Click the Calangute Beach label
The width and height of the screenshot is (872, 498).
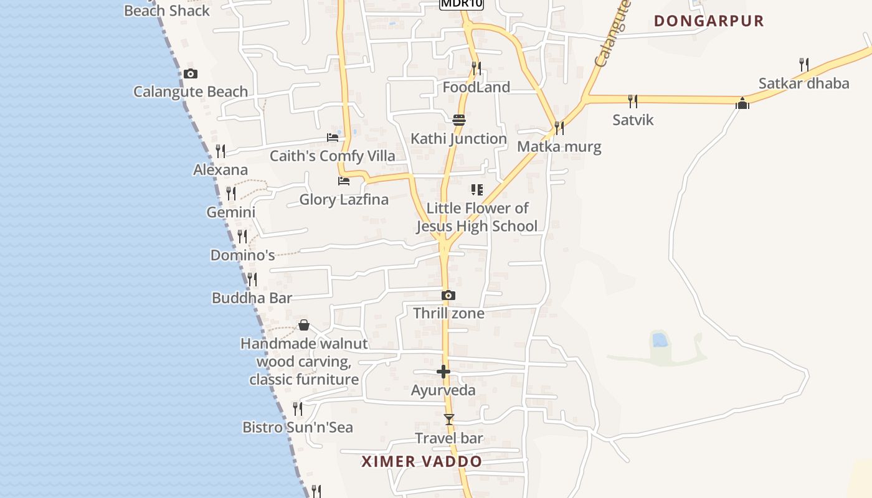click(x=191, y=92)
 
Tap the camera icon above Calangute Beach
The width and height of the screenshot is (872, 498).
click(x=191, y=74)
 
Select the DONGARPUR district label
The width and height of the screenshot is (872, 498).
click(x=709, y=21)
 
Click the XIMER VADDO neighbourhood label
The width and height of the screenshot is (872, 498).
click(x=422, y=462)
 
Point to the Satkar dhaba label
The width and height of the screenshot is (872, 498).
click(x=803, y=83)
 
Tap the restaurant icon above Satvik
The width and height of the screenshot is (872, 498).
click(x=633, y=101)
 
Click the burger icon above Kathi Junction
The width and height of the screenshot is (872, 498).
click(x=459, y=120)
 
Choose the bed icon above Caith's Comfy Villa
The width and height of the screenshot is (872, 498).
click(x=333, y=138)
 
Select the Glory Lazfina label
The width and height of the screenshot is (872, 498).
click(x=344, y=200)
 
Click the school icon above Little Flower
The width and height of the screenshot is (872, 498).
click(x=477, y=190)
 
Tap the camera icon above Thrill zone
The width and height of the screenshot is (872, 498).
click(x=448, y=296)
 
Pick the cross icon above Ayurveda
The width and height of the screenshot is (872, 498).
click(x=443, y=372)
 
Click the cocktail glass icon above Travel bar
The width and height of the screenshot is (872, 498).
click(x=449, y=420)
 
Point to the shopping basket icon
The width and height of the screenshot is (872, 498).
click(x=304, y=325)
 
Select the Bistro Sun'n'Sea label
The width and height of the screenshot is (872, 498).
click(x=298, y=428)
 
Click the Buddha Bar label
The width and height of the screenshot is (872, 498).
click(x=252, y=298)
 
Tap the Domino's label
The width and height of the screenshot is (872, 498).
click(x=242, y=255)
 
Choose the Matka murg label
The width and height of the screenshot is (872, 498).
click(x=559, y=147)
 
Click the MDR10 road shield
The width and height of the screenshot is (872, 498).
click(x=462, y=4)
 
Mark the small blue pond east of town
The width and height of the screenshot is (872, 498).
click(x=658, y=340)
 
